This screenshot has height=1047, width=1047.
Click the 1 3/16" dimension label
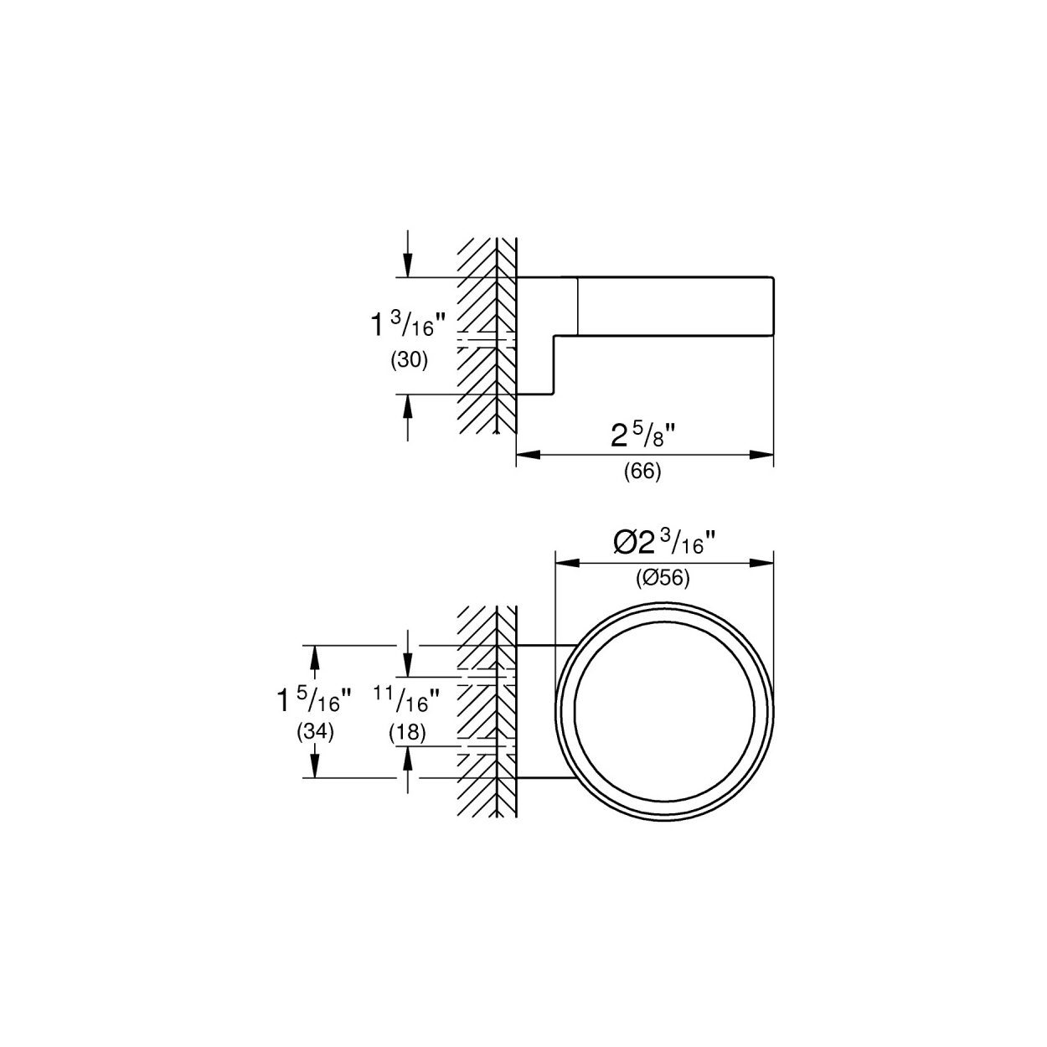tap(408, 324)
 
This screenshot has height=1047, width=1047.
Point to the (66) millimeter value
tap(642, 471)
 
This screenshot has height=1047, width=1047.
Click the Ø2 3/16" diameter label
tap(665, 541)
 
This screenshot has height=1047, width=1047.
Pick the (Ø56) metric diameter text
tap(663, 578)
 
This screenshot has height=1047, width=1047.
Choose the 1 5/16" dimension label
tap(315, 699)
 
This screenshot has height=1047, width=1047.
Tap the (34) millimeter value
tap(315, 732)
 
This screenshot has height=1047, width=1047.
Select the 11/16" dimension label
tap(406, 699)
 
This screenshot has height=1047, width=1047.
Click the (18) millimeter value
tap(407, 733)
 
